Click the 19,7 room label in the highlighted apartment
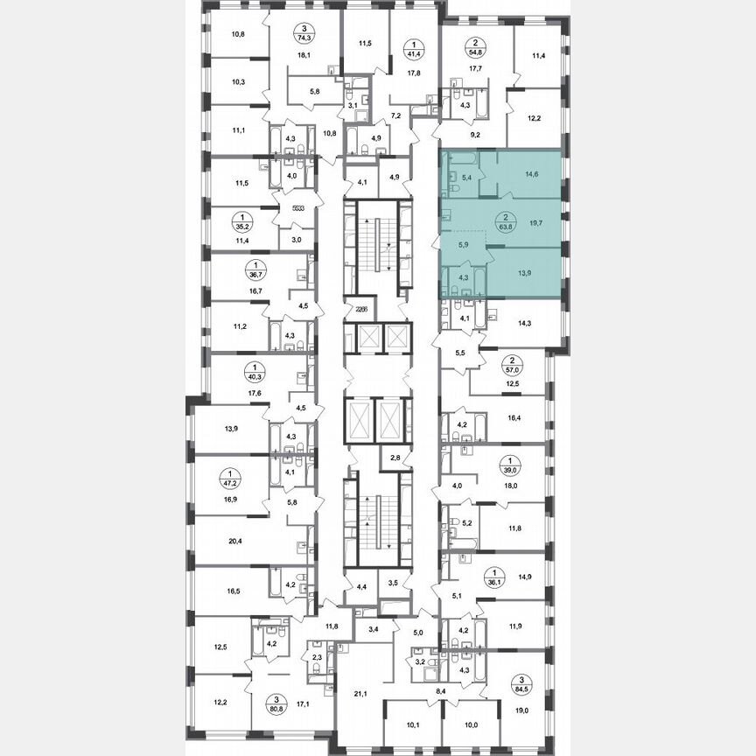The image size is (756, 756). point(533,223)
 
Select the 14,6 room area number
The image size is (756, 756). point(532,175)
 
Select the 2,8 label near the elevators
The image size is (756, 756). point(395,458)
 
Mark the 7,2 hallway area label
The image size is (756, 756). point(395,115)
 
